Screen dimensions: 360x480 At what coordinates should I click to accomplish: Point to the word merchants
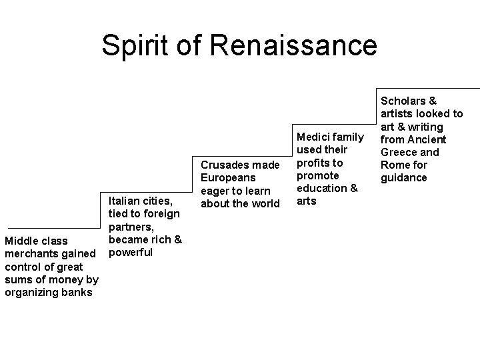30,253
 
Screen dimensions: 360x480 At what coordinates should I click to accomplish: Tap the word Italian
124,201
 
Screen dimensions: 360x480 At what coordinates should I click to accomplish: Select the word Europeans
229,178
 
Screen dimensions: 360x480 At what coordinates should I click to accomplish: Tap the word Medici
313,137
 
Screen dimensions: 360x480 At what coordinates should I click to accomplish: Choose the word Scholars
403,101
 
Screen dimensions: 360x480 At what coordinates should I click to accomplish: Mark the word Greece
399,152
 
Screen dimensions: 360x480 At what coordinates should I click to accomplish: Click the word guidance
403,177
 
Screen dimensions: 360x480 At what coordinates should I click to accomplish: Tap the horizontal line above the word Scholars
427,88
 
